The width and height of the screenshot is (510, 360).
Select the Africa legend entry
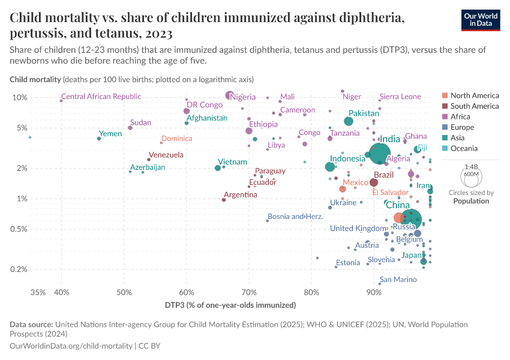click(461, 117)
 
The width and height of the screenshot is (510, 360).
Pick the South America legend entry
click(474, 106)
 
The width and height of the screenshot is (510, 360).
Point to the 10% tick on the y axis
click(20, 97)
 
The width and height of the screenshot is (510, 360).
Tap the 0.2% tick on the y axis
click(19, 269)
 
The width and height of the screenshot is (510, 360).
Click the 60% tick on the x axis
click(187, 292)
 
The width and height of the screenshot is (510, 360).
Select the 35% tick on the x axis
click(38, 292)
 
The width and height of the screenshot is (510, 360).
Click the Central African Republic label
click(101, 97)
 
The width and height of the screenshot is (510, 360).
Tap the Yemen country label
click(110, 134)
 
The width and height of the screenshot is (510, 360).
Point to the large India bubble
click(379, 154)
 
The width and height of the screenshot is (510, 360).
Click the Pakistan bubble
click(349, 121)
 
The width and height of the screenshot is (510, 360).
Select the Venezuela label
click(166, 155)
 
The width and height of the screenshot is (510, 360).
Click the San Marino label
click(398, 280)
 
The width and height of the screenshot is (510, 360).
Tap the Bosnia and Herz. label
click(295, 217)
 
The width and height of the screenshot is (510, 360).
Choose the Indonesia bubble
click(329, 167)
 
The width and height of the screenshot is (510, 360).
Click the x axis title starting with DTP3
click(230, 305)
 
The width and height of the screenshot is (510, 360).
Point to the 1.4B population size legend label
click(471, 167)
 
